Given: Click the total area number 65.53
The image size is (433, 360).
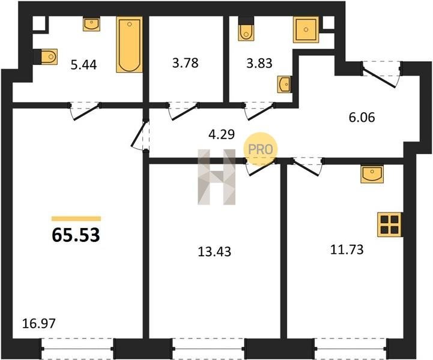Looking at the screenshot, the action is pos(76,235).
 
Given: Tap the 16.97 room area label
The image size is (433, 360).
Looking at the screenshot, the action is pos(39,323).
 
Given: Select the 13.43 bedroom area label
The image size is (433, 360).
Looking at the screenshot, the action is pos(214,252).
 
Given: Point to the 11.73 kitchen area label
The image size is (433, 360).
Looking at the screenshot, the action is pos(347,250).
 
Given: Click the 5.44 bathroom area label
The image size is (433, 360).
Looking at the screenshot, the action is pos(83,65).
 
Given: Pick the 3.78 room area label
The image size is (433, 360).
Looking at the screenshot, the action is pos(186,63).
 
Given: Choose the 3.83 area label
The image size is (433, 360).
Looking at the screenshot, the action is pos(259,63).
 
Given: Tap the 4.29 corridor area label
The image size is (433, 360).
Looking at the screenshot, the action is pos(222,134).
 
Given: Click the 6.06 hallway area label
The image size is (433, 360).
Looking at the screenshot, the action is pos(362,118).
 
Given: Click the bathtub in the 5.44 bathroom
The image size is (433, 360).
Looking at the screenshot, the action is pos(130,44).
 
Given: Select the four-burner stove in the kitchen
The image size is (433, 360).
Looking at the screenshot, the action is pos(389,224).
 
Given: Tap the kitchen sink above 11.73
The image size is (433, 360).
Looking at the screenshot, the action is pos(372,174).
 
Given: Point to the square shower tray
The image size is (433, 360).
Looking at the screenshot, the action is pos(306,30).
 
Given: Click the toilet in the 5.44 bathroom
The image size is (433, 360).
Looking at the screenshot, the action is pos(47,57).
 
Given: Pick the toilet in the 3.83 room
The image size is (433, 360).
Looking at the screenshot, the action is pos(246,29).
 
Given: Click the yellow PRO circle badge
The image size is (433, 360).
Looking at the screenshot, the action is pos(260,149).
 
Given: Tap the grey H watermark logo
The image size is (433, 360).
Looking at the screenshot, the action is pos(216,177).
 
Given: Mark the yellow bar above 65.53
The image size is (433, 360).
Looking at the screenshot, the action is pos(76,219).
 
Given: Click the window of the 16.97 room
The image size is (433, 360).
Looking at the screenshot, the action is pos(77,349).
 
